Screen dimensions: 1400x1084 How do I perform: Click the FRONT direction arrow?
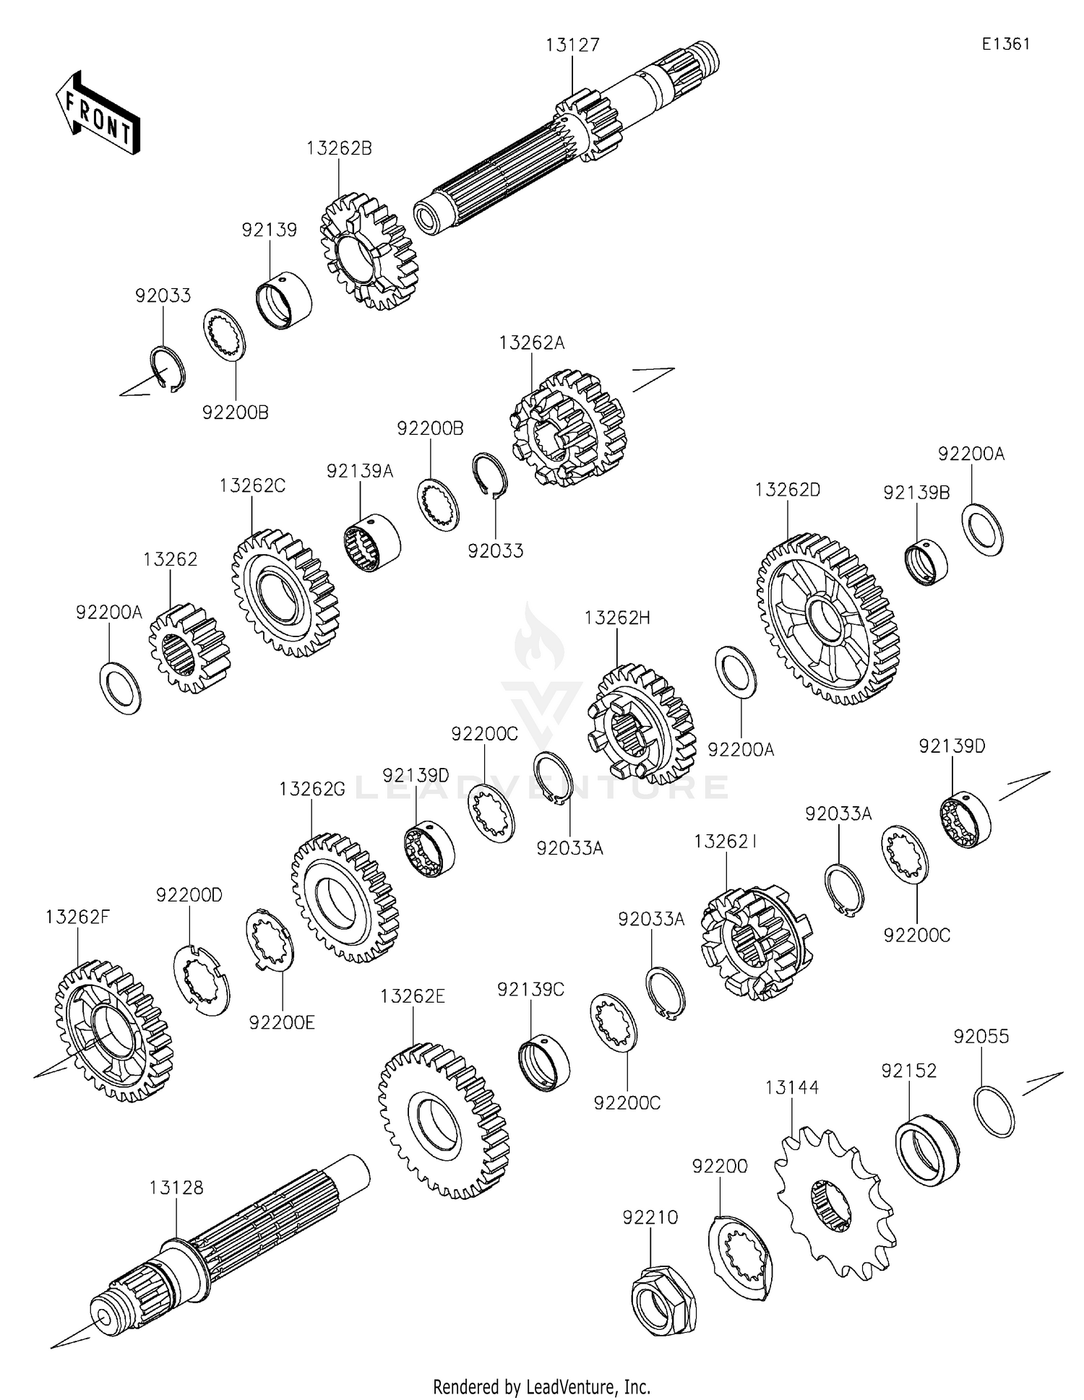pyautogui.click(x=98, y=113)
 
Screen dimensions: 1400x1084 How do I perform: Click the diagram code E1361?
pyautogui.click(x=1005, y=44)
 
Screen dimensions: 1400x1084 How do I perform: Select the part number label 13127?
pyautogui.click(x=572, y=46)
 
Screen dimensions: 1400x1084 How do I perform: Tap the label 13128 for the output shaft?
pyautogui.click(x=176, y=1188)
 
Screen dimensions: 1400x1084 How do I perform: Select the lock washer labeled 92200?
pyautogui.click(x=737, y=1258)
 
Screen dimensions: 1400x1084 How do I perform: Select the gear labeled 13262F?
pyautogui.click(x=113, y=1030)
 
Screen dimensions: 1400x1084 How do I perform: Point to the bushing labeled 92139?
pyautogui.click(x=285, y=301)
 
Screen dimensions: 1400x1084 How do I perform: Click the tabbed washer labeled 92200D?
pyautogui.click(x=201, y=979)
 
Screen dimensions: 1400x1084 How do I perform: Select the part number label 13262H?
pyautogui.click(x=617, y=618)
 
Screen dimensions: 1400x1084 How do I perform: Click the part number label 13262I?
pyautogui.click(x=725, y=842)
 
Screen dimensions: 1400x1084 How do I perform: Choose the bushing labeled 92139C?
pyautogui.click(x=544, y=1063)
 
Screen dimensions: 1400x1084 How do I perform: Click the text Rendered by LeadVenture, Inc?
pyautogui.click(x=541, y=1386)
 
